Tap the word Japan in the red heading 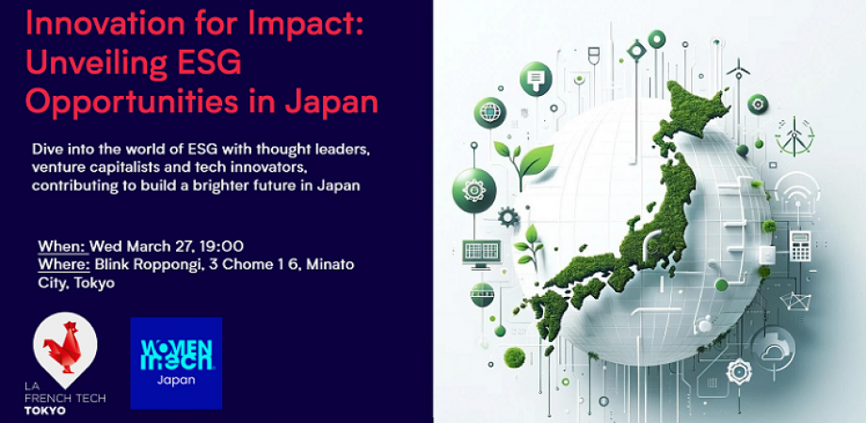[330, 100]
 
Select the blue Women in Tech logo [176, 363]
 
